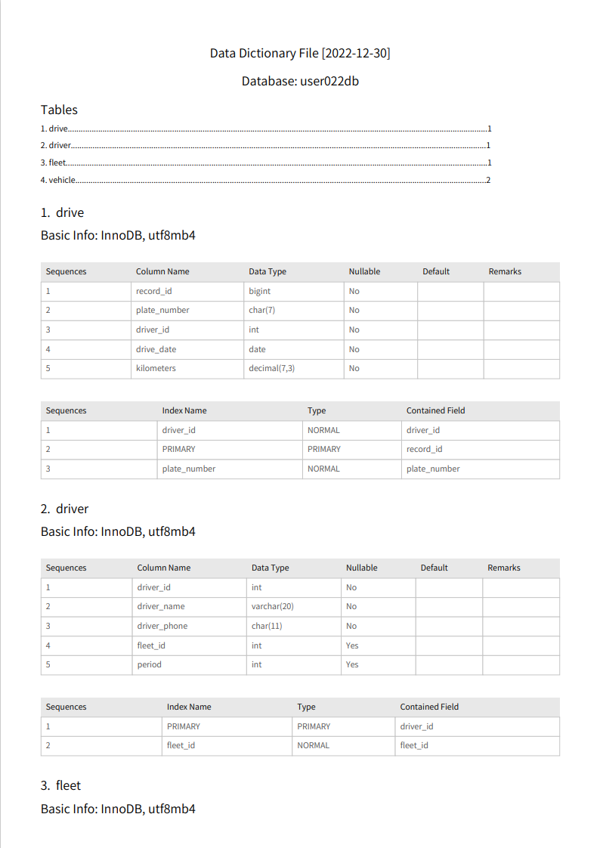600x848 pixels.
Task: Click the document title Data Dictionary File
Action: pos(300,53)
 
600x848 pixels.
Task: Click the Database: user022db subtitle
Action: pos(300,81)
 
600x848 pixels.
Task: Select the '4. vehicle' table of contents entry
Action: pos(58,180)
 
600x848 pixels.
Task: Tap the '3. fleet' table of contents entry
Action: pos(54,162)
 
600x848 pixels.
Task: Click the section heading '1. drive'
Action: pos(63,212)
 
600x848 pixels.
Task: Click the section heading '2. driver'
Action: pos(65,509)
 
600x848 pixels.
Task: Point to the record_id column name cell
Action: pos(156,291)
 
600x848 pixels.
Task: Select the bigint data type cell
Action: pos(259,291)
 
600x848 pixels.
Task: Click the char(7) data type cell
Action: pos(261,310)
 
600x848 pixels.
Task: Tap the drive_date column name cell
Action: pos(156,349)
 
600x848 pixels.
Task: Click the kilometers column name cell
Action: pos(156,368)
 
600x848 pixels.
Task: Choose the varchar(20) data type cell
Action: pos(272,606)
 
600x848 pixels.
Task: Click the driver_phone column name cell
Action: pos(162,626)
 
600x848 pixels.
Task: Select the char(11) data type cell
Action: pos(267,626)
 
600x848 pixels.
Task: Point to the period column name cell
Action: pos(149,664)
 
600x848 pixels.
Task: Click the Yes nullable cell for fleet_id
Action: pos(352,645)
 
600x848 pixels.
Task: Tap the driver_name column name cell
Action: pos(161,606)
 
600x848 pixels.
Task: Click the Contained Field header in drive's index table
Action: pos(435,410)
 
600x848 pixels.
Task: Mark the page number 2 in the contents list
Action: pos(489,180)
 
